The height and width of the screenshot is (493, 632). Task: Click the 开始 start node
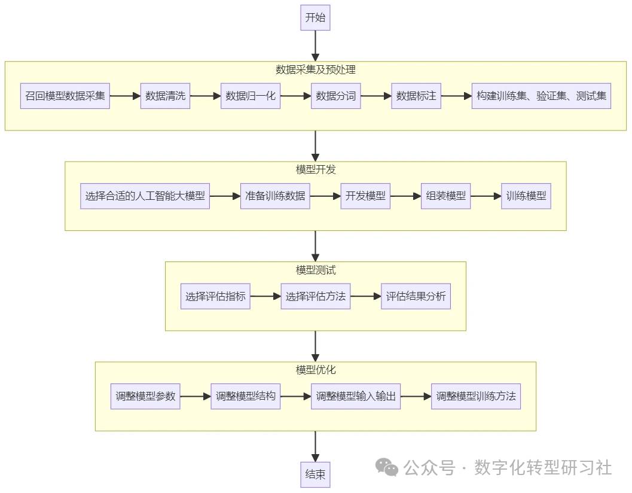click(x=315, y=17)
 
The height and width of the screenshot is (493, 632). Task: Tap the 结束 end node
click(x=315, y=474)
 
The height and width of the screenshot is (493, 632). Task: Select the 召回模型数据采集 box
click(x=65, y=96)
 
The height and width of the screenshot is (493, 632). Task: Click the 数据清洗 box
click(x=166, y=96)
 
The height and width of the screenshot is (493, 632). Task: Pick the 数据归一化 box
click(x=251, y=96)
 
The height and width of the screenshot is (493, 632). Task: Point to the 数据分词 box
click(x=335, y=96)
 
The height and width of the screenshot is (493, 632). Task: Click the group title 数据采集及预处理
click(x=315, y=69)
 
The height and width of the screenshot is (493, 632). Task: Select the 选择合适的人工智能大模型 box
click(x=145, y=196)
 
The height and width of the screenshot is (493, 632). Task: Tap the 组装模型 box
click(x=445, y=196)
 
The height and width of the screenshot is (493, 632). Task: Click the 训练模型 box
click(x=526, y=196)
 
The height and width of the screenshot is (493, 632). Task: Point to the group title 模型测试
click(x=315, y=270)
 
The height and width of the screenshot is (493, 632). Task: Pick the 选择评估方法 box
click(x=315, y=296)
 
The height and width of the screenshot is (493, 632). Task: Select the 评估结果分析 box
click(x=416, y=296)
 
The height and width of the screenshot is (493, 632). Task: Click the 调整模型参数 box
click(x=145, y=396)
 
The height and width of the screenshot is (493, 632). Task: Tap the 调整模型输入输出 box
click(x=355, y=396)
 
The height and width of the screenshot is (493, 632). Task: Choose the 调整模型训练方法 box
click(x=475, y=396)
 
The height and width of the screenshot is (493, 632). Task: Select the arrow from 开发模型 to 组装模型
click(x=405, y=196)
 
